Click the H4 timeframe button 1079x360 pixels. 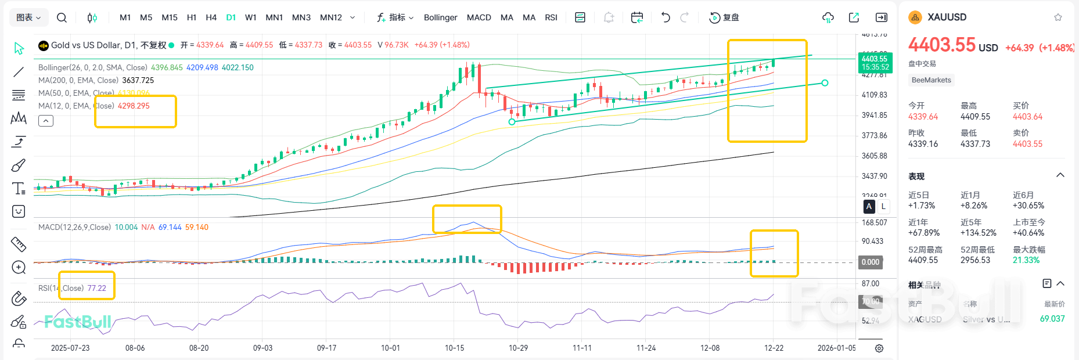pyautogui.click(x=211, y=17)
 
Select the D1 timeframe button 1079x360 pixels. pyautogui.click(x=231, y=17)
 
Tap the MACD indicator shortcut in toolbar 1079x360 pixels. pyautogui.click(x=479, y=17)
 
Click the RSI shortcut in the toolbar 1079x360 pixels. pyautogui.click(x=551, y=17)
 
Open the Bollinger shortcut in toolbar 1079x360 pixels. pyautogui.click(x=440, y=17)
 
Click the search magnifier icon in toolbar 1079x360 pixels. pyautogui.click(x=62, y=17)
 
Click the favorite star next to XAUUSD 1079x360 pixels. pyautogui.click(x=1058, y=17)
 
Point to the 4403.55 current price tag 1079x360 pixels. pyautogui.click(x=875, y=59)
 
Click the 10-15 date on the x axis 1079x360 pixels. pyautogui.click(x=454, y=348)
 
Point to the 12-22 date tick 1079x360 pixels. pyautogui.click(x=774, y=348)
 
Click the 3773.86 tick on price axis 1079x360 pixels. pyautogui.click(x=874, y=135)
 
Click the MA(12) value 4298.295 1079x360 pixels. pyautogui.click(x=134, y=106)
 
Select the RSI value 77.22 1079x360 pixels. pyautogui.click(x=97, y=288)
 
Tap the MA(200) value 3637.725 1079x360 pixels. pyautogui.click(x=138, y=80)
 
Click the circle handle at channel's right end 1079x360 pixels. pyautogui.click(x=825, y=83)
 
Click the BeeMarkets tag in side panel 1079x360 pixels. pyautogui.click(x=931, y=80)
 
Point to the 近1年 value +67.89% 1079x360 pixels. pyautogui.click(x=923, y=233)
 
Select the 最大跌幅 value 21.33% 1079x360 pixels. pyautogui.click(x=1026, y=260)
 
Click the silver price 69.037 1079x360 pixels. pyautogui.click(x=1052, y=319)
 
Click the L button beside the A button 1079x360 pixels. pyautogui.click(x=883, y=206)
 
